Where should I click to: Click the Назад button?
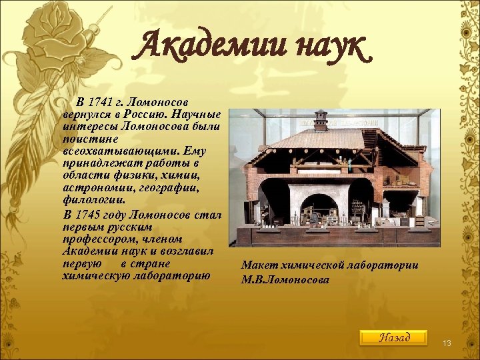[393, 337]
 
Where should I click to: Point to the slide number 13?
[447, 343]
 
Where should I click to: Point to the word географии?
[172, 187]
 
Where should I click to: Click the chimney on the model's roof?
[321, 120]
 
